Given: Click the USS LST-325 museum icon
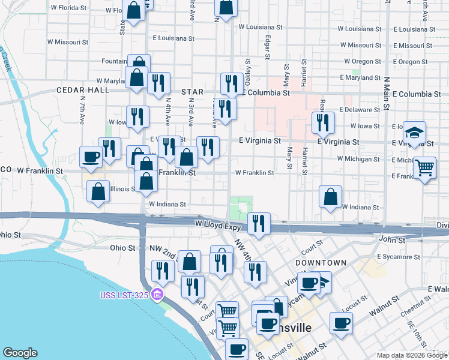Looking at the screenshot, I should [157, 293].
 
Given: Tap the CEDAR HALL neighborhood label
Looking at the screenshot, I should [83, 90].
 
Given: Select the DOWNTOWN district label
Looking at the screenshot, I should [321, 263].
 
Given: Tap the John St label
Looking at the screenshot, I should [393, 240].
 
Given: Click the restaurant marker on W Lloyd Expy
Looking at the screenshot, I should [259, 224].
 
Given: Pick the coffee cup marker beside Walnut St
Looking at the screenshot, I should [342, 322].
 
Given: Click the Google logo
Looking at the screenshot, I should [20, 353].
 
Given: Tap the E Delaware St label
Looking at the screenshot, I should [360, 110].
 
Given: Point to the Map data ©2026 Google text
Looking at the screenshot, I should [405, 355].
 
